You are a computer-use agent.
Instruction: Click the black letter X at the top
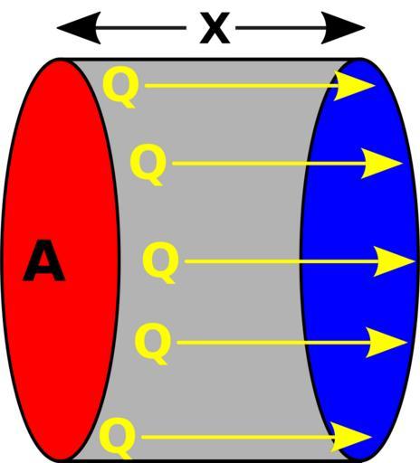click(x=215, y=28)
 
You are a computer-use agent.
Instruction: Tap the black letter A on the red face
click(x=44, y=260)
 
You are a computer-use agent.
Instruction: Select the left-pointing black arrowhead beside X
click(x=79, y=28)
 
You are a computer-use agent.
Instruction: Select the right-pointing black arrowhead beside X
click(x=343, y=28)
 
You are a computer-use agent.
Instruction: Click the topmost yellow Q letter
click(x=121, y=86)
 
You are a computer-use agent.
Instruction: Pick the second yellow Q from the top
click(x=148, y=165)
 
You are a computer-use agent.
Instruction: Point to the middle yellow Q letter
click(x=161, y=262)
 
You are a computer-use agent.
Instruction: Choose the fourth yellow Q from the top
click(x=153, y=344)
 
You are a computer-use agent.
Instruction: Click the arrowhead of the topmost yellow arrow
click(x=353, y=86)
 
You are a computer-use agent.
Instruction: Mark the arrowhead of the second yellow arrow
click(x=381, y=164)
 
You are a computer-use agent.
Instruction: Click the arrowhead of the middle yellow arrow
click(x=394, y=261)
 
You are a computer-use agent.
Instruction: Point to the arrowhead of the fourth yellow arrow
click(x=386, y=343)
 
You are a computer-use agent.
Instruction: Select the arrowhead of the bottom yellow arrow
click(x=350, y=437)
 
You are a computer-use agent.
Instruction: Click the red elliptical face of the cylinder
click(x=61, y=260)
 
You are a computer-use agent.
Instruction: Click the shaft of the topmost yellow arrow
click(x=242, y=86)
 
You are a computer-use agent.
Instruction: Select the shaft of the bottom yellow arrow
click(x=239, y=437)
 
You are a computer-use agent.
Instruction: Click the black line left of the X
click(x=141, y=28)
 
